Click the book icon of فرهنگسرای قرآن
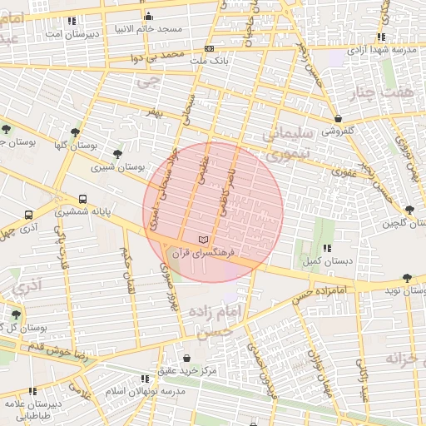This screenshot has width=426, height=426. point(203,240)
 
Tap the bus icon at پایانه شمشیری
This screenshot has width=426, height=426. point(82,199)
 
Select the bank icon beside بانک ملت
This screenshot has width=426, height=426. point(209,49)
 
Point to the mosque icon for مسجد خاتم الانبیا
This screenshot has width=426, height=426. point(148,17)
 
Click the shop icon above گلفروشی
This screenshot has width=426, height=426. point(338,119)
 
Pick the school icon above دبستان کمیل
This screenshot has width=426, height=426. point(327,248)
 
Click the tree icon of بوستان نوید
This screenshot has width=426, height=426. point(406,278)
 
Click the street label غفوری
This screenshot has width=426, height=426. point(344,172)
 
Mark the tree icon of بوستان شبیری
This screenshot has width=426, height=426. point(117,154)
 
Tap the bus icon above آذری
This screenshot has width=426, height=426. point(29,214)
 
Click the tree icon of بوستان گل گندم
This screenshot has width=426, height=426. point(16,315)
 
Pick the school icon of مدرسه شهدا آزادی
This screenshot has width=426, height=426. point(380,37)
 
